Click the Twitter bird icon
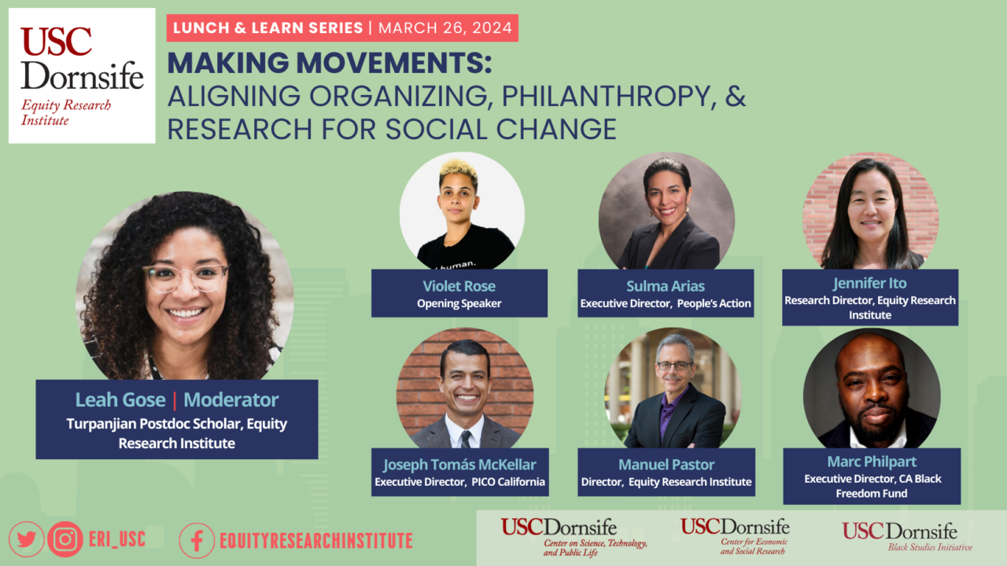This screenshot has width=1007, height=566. (x=26, y=539)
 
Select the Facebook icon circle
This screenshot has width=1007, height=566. (x=197, y=540)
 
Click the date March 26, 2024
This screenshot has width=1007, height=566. (x=444, y=28)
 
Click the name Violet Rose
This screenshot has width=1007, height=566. (x=459, y=286)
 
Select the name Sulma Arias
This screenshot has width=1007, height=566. (x=666, y=286)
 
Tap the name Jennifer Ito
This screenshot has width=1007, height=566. (x=869, y=283)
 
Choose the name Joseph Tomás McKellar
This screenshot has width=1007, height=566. (x=459, y=464)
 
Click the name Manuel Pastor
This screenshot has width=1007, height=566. (x=666, y=464)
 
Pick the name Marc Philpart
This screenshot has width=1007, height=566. (x=872, y=461)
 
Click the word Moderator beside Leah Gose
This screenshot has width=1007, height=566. (x=231, y=400)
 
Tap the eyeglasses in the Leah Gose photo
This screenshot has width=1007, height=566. (x=186, y=276)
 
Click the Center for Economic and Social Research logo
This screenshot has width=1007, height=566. (x=735, y=536)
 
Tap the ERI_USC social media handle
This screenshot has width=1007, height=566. (x=119, y=539)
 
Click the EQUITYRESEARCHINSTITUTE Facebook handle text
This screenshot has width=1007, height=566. (x=315, y=540)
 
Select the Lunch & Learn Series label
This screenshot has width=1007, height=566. (x=267, y=28)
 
